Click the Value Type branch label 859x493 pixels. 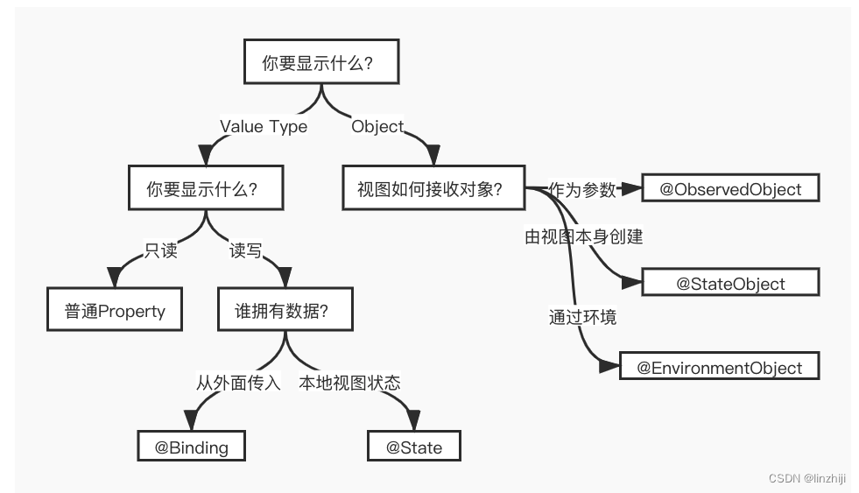point(264,126)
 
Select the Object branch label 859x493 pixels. point(377,126)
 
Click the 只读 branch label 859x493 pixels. point(161,251)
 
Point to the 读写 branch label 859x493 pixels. point(245,251)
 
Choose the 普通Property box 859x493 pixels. point(115,311)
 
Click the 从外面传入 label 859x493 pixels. point(237,383)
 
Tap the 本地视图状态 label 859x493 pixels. point(349,383)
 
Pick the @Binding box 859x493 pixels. point(191,447)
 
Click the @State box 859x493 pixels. point(414,447)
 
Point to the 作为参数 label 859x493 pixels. point(582,188)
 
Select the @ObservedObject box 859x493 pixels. point(730,188)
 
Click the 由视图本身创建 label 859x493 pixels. point(584,236)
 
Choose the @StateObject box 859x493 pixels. point(730,283)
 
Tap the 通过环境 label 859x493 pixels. point(582,317)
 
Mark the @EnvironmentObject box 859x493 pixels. point(719,367)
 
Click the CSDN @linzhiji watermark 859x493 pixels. point(806,478)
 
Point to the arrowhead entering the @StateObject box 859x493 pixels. point(632,283)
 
